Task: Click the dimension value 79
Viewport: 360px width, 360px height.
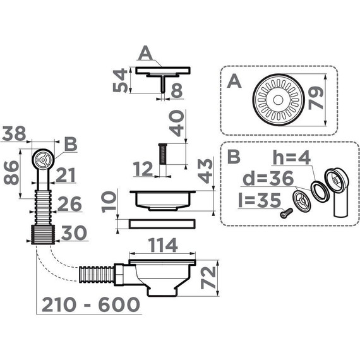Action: coord(316,98)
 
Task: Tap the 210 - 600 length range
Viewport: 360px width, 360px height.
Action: coord(91,304)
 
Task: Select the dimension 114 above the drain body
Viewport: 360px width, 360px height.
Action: coord(163,245)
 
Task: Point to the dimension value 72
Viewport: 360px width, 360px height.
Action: coord(208,277)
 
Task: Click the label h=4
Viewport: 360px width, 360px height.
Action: coord(291,157)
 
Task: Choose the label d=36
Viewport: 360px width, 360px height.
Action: coord(268,178)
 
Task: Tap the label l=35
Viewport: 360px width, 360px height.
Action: coord(260,200)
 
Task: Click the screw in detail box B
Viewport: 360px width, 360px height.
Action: coord(286,212)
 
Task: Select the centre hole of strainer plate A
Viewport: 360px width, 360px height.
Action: coord(278,100)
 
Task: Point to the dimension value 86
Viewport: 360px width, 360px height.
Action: coord(11,172)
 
